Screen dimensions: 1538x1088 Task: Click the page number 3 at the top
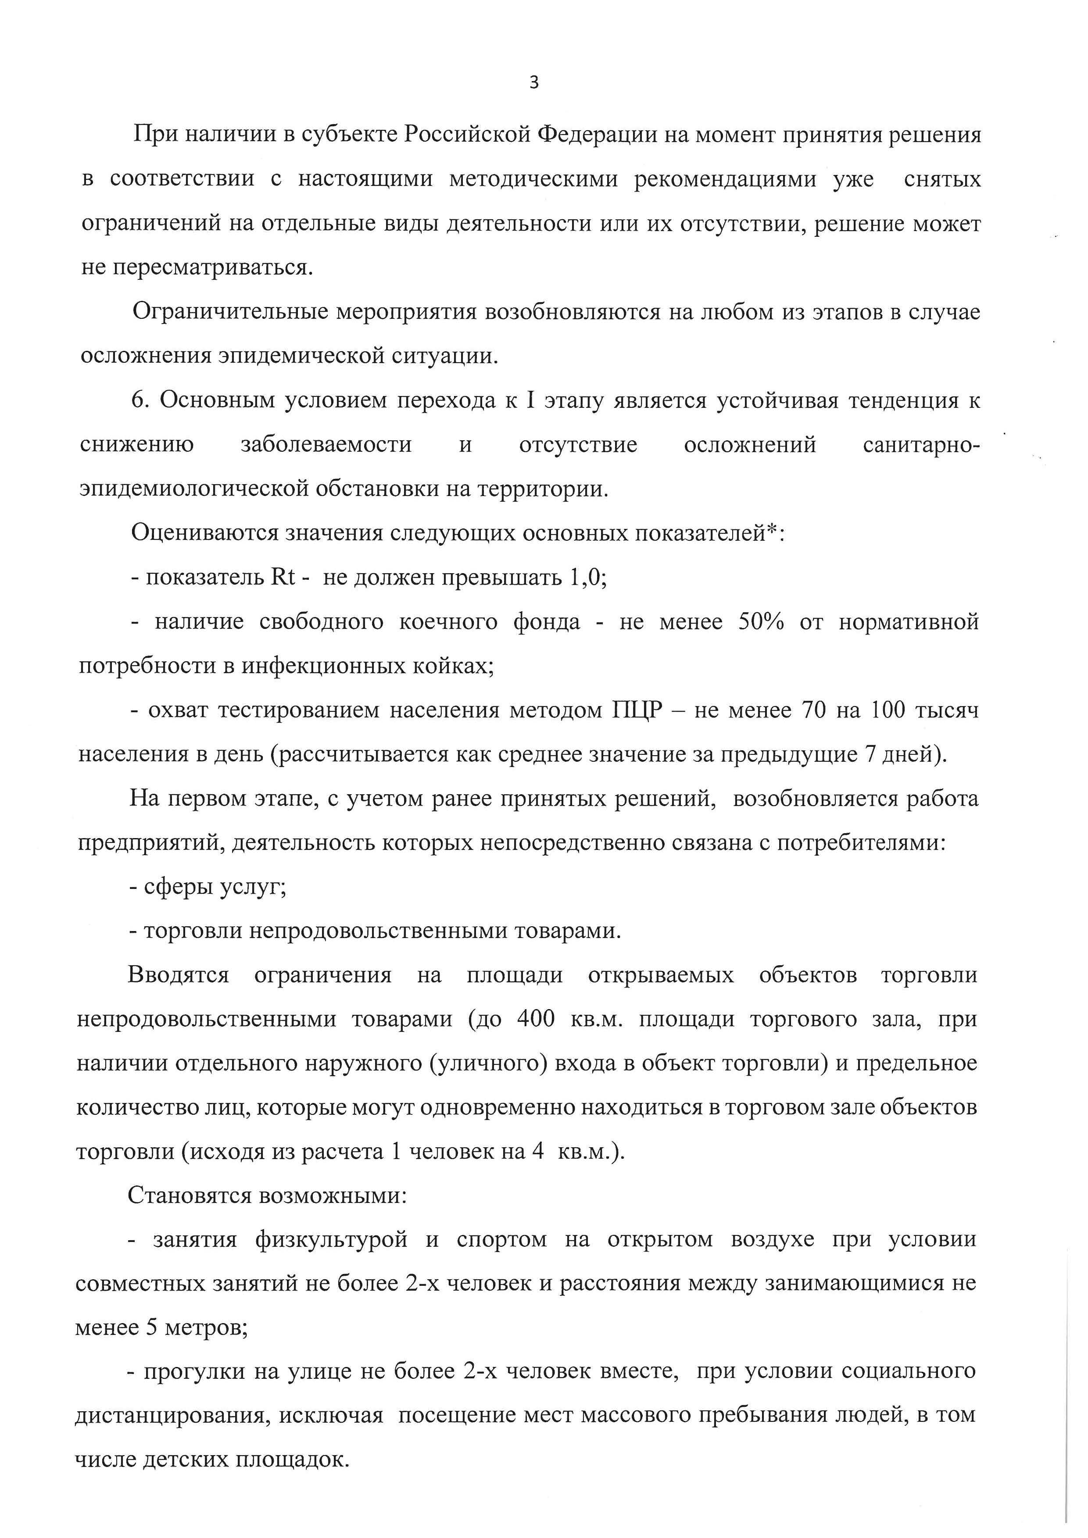click(534, 83)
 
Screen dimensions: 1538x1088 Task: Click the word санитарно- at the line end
click(920, 445)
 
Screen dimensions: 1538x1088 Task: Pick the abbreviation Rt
click(282, 578)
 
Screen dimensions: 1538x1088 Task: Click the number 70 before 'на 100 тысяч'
click(813, 710)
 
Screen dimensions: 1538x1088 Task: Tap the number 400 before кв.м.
click(536, 1020)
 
